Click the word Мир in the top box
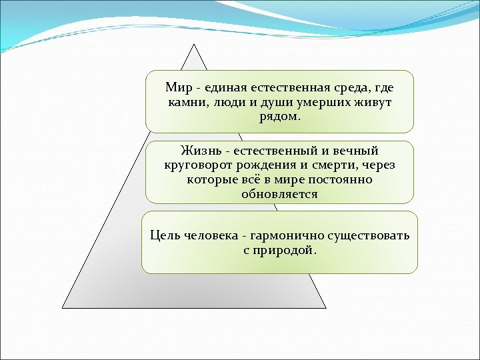pos(178,88)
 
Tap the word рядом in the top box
pos(279,117)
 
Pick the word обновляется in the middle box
pos(279,195)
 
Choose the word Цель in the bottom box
pos(164,236)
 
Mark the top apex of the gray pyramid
pos(194,45)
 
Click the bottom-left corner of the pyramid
pos(63,307)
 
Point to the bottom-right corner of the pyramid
pos(325,307)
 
